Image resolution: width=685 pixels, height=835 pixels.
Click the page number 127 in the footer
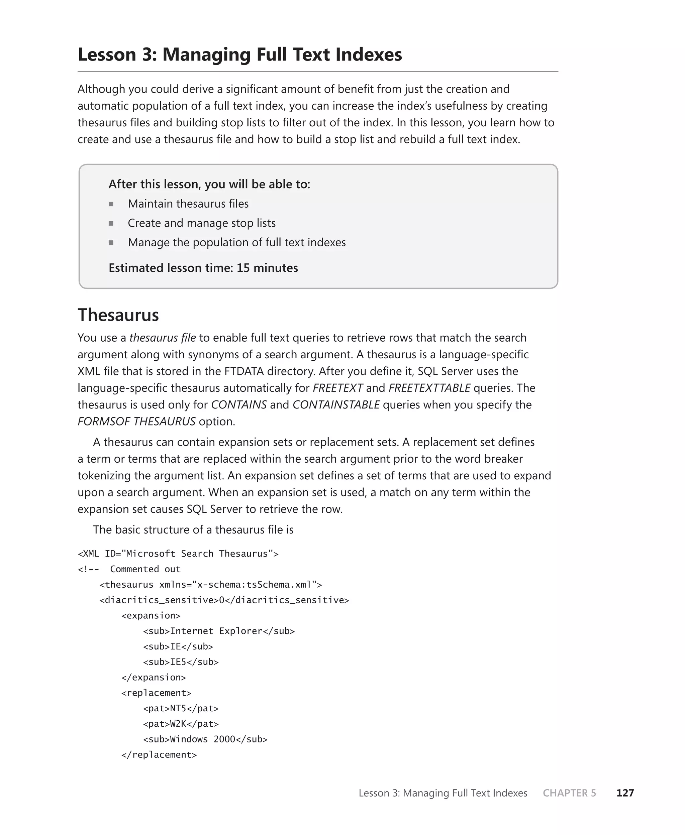(625, 793)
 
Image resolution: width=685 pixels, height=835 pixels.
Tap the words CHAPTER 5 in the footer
(569, 793)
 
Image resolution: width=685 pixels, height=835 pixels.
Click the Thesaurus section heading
(118, 315)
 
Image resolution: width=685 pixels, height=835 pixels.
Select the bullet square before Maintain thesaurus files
(111, 204)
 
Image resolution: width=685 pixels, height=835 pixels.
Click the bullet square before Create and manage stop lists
(111, 223)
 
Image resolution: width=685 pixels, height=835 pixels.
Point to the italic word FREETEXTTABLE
(429, 388)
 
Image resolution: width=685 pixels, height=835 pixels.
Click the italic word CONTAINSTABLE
(336, 404)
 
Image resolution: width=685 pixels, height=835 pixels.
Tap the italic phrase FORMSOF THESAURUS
(136, 422)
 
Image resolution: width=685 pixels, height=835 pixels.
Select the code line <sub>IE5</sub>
(181, 662)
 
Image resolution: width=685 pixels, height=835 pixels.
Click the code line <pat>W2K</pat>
(181, 724)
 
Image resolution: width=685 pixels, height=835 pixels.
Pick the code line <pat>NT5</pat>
(181, 708)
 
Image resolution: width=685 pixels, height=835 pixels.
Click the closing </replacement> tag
(159, 754)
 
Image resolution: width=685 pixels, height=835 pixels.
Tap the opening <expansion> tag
(151, 615)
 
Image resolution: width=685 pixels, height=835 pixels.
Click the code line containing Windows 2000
(205, 739)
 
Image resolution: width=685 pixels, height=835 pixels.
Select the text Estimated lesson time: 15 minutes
(203, 268)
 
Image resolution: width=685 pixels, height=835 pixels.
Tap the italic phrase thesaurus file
(162, 338)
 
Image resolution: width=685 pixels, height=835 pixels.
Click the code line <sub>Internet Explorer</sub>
(219, 631)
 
